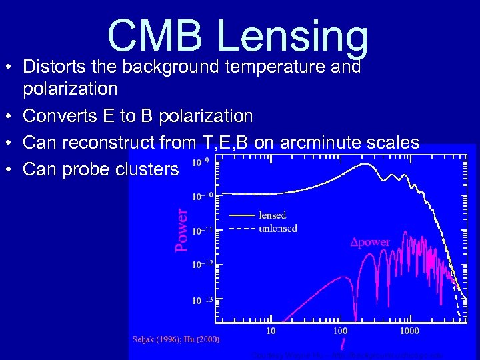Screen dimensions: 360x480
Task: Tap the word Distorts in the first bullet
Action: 54,67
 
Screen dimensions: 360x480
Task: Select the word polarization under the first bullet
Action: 70,89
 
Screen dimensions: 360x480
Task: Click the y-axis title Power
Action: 181,229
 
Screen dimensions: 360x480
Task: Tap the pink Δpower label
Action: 370,242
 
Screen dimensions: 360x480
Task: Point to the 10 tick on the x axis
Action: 271,330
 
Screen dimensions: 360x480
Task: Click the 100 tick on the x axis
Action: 340,330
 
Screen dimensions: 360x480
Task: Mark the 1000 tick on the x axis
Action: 409,330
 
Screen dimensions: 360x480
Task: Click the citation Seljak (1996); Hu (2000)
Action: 175,339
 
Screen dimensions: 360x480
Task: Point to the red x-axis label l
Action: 343,344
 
